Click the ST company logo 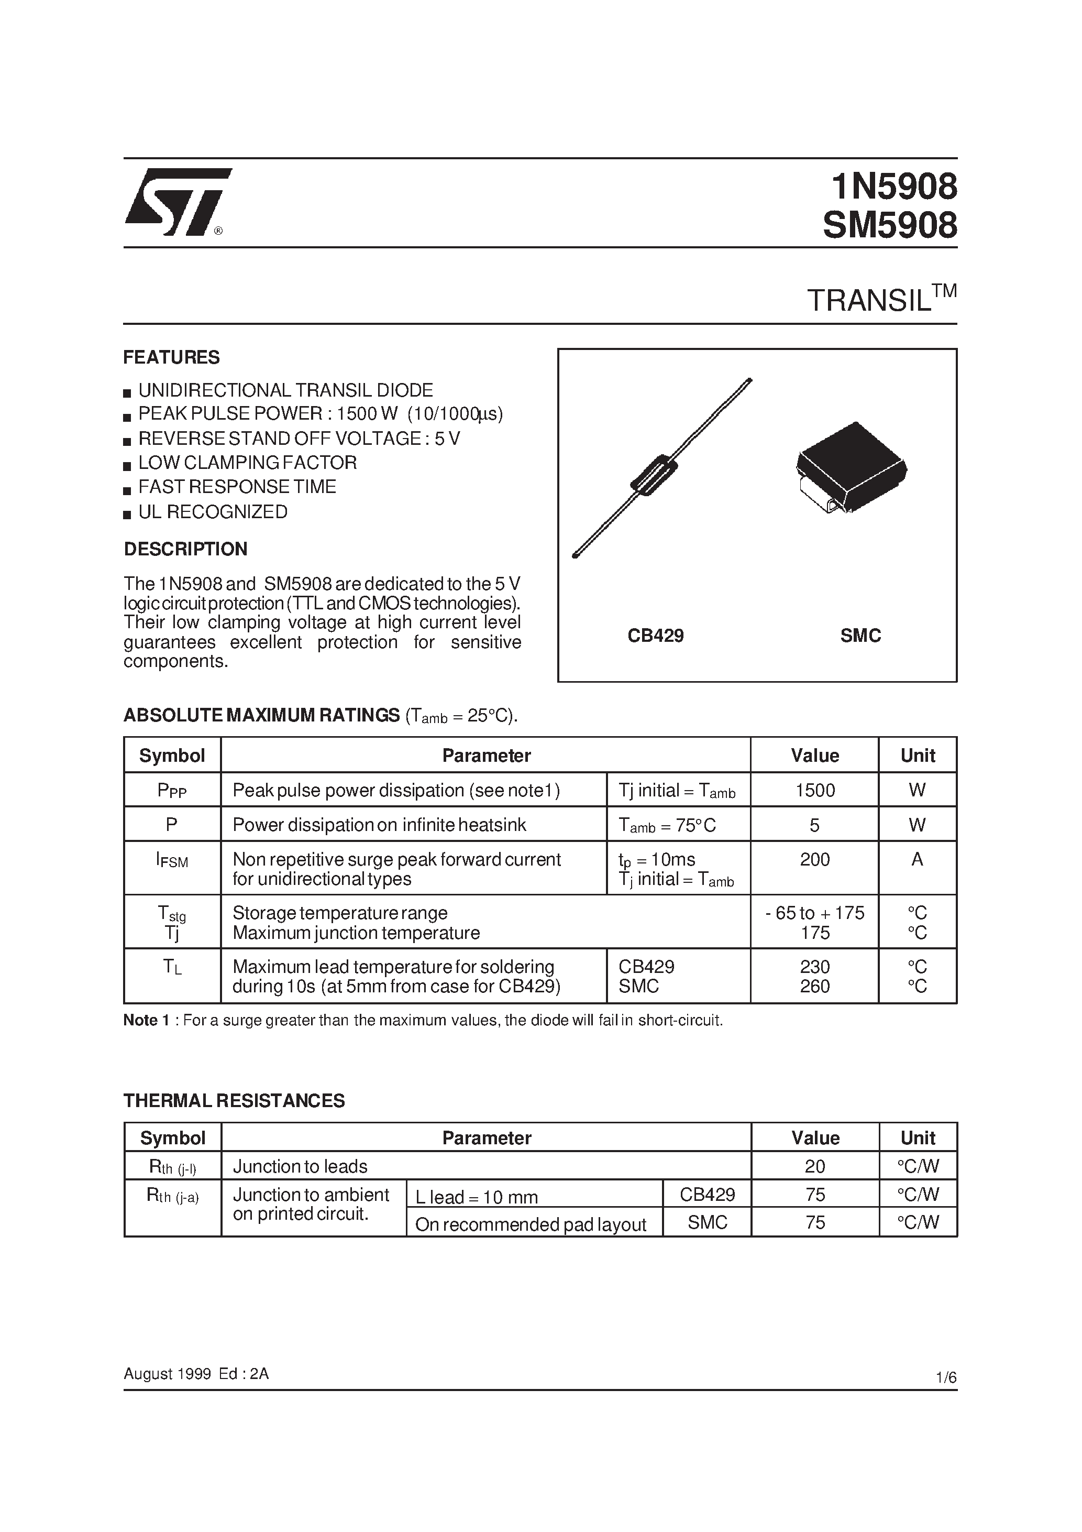point(177,202)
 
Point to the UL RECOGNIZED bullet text point(213,512)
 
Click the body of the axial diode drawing point(654,475)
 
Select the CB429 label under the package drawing point(655,635)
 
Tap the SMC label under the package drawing point(860,635)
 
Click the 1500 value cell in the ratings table point(814,790)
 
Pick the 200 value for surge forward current point(814,859)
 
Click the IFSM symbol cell point(172,861)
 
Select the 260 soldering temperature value point(814,986)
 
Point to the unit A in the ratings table point(917,859)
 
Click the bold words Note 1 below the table point(141,1020)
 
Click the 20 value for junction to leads point(814,1166)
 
